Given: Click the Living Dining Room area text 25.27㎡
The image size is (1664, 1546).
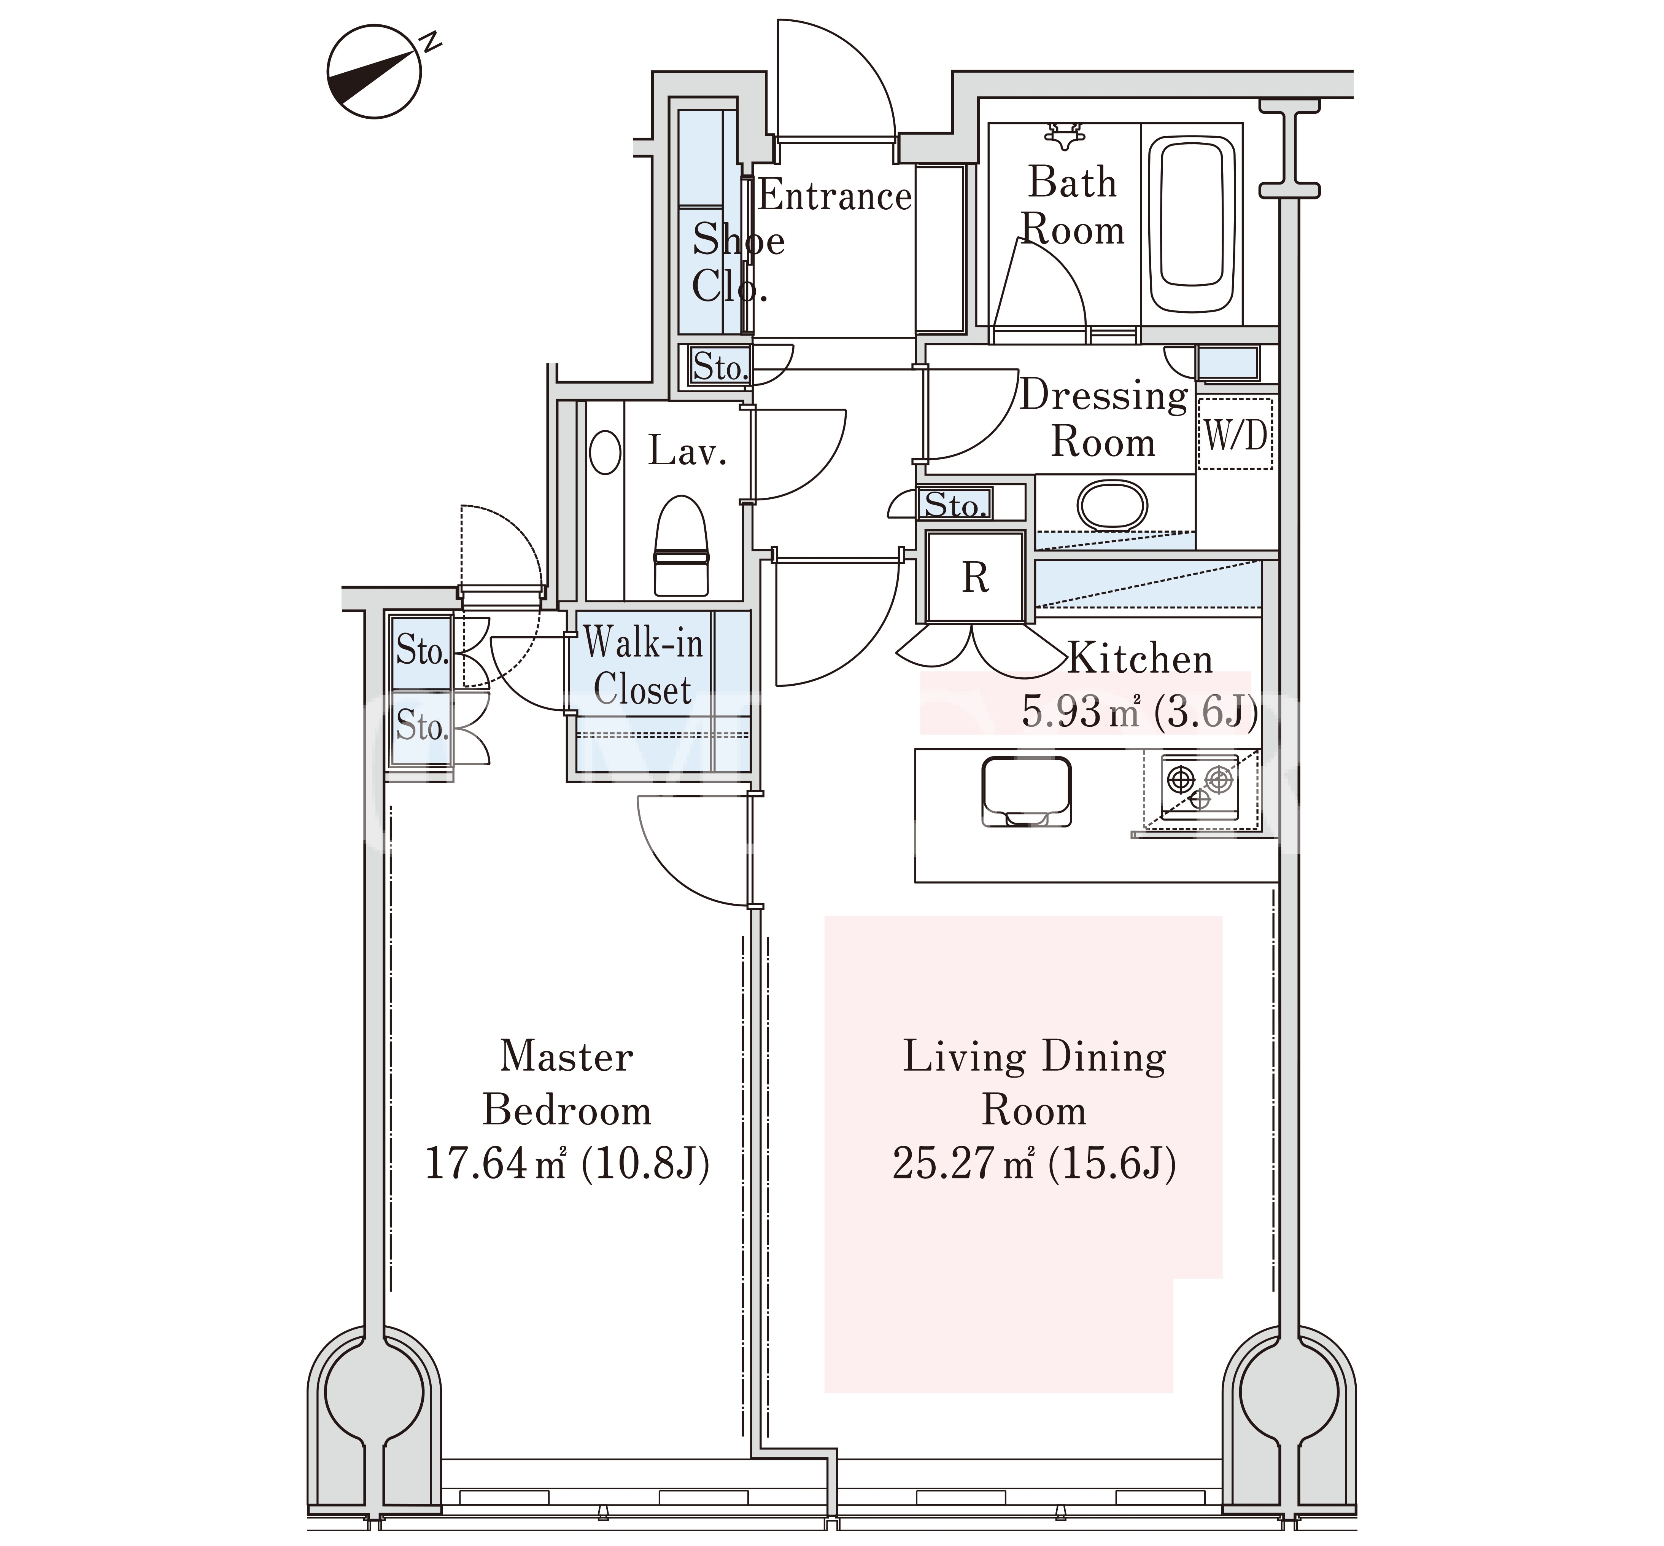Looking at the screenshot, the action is pos(963,1163).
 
